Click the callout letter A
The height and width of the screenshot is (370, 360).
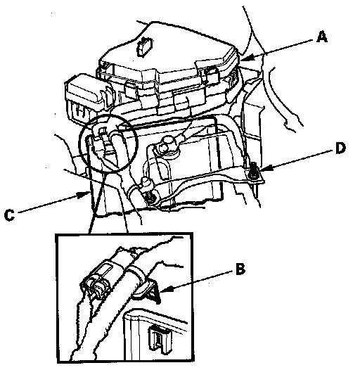pos(322,37)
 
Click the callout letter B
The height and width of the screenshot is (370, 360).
pos(240,269)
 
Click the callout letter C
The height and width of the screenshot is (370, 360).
pos(9,215)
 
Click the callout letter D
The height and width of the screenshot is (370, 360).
pos(340,148)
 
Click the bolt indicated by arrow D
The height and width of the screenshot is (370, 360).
pos(253,170)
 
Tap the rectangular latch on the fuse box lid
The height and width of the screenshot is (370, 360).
pos(144,47)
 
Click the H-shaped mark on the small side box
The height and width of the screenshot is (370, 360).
pos(82,112)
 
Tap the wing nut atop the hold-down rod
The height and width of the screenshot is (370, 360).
pos(145,182)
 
